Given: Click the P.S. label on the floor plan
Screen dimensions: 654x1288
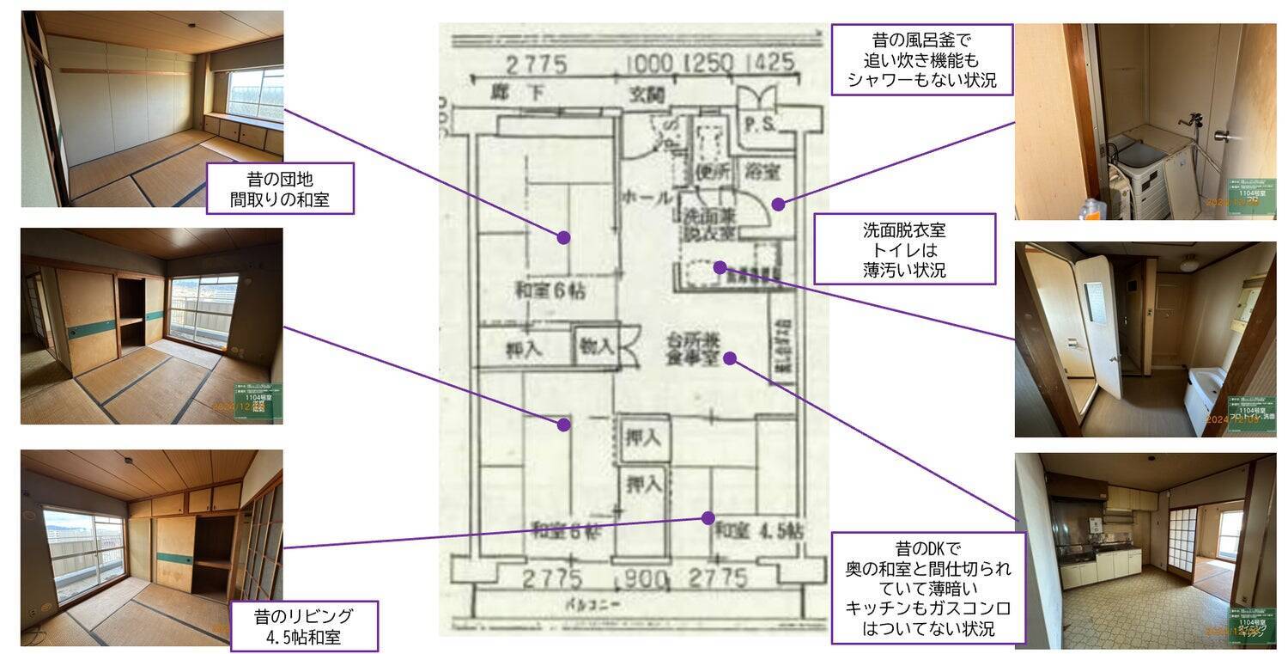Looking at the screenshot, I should pos(758,124).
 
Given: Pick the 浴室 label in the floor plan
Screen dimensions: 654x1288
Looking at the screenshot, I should pos(762,170).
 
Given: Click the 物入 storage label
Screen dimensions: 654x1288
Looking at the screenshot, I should pos(597,346).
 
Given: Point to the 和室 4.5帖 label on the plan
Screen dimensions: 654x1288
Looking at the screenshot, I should pos(758,529).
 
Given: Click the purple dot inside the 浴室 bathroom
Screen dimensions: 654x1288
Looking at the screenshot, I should pos(777,205).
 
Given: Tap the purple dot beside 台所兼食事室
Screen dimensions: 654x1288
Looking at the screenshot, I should pos(729,358).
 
